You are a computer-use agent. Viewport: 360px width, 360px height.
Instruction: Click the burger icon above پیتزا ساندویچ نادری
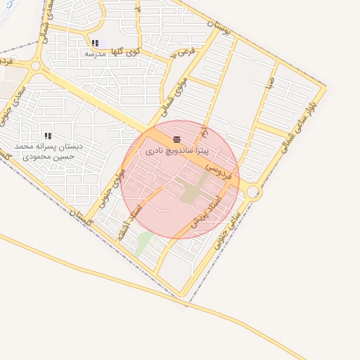coord(176,140)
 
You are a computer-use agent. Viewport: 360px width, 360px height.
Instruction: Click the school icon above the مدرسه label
coord(95,44)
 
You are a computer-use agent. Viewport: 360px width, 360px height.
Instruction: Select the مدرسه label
coord(94,53)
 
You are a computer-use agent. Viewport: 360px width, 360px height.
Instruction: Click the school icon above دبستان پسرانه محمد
coord(49,136)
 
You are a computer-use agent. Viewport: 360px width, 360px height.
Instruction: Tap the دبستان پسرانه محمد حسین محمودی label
coord(49,151)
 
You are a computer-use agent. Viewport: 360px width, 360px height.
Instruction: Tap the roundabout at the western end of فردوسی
coord(36,65)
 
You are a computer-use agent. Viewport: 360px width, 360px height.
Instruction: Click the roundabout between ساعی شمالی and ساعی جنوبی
coord(253,191)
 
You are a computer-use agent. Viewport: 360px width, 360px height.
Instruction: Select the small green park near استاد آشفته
coord(143,243)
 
